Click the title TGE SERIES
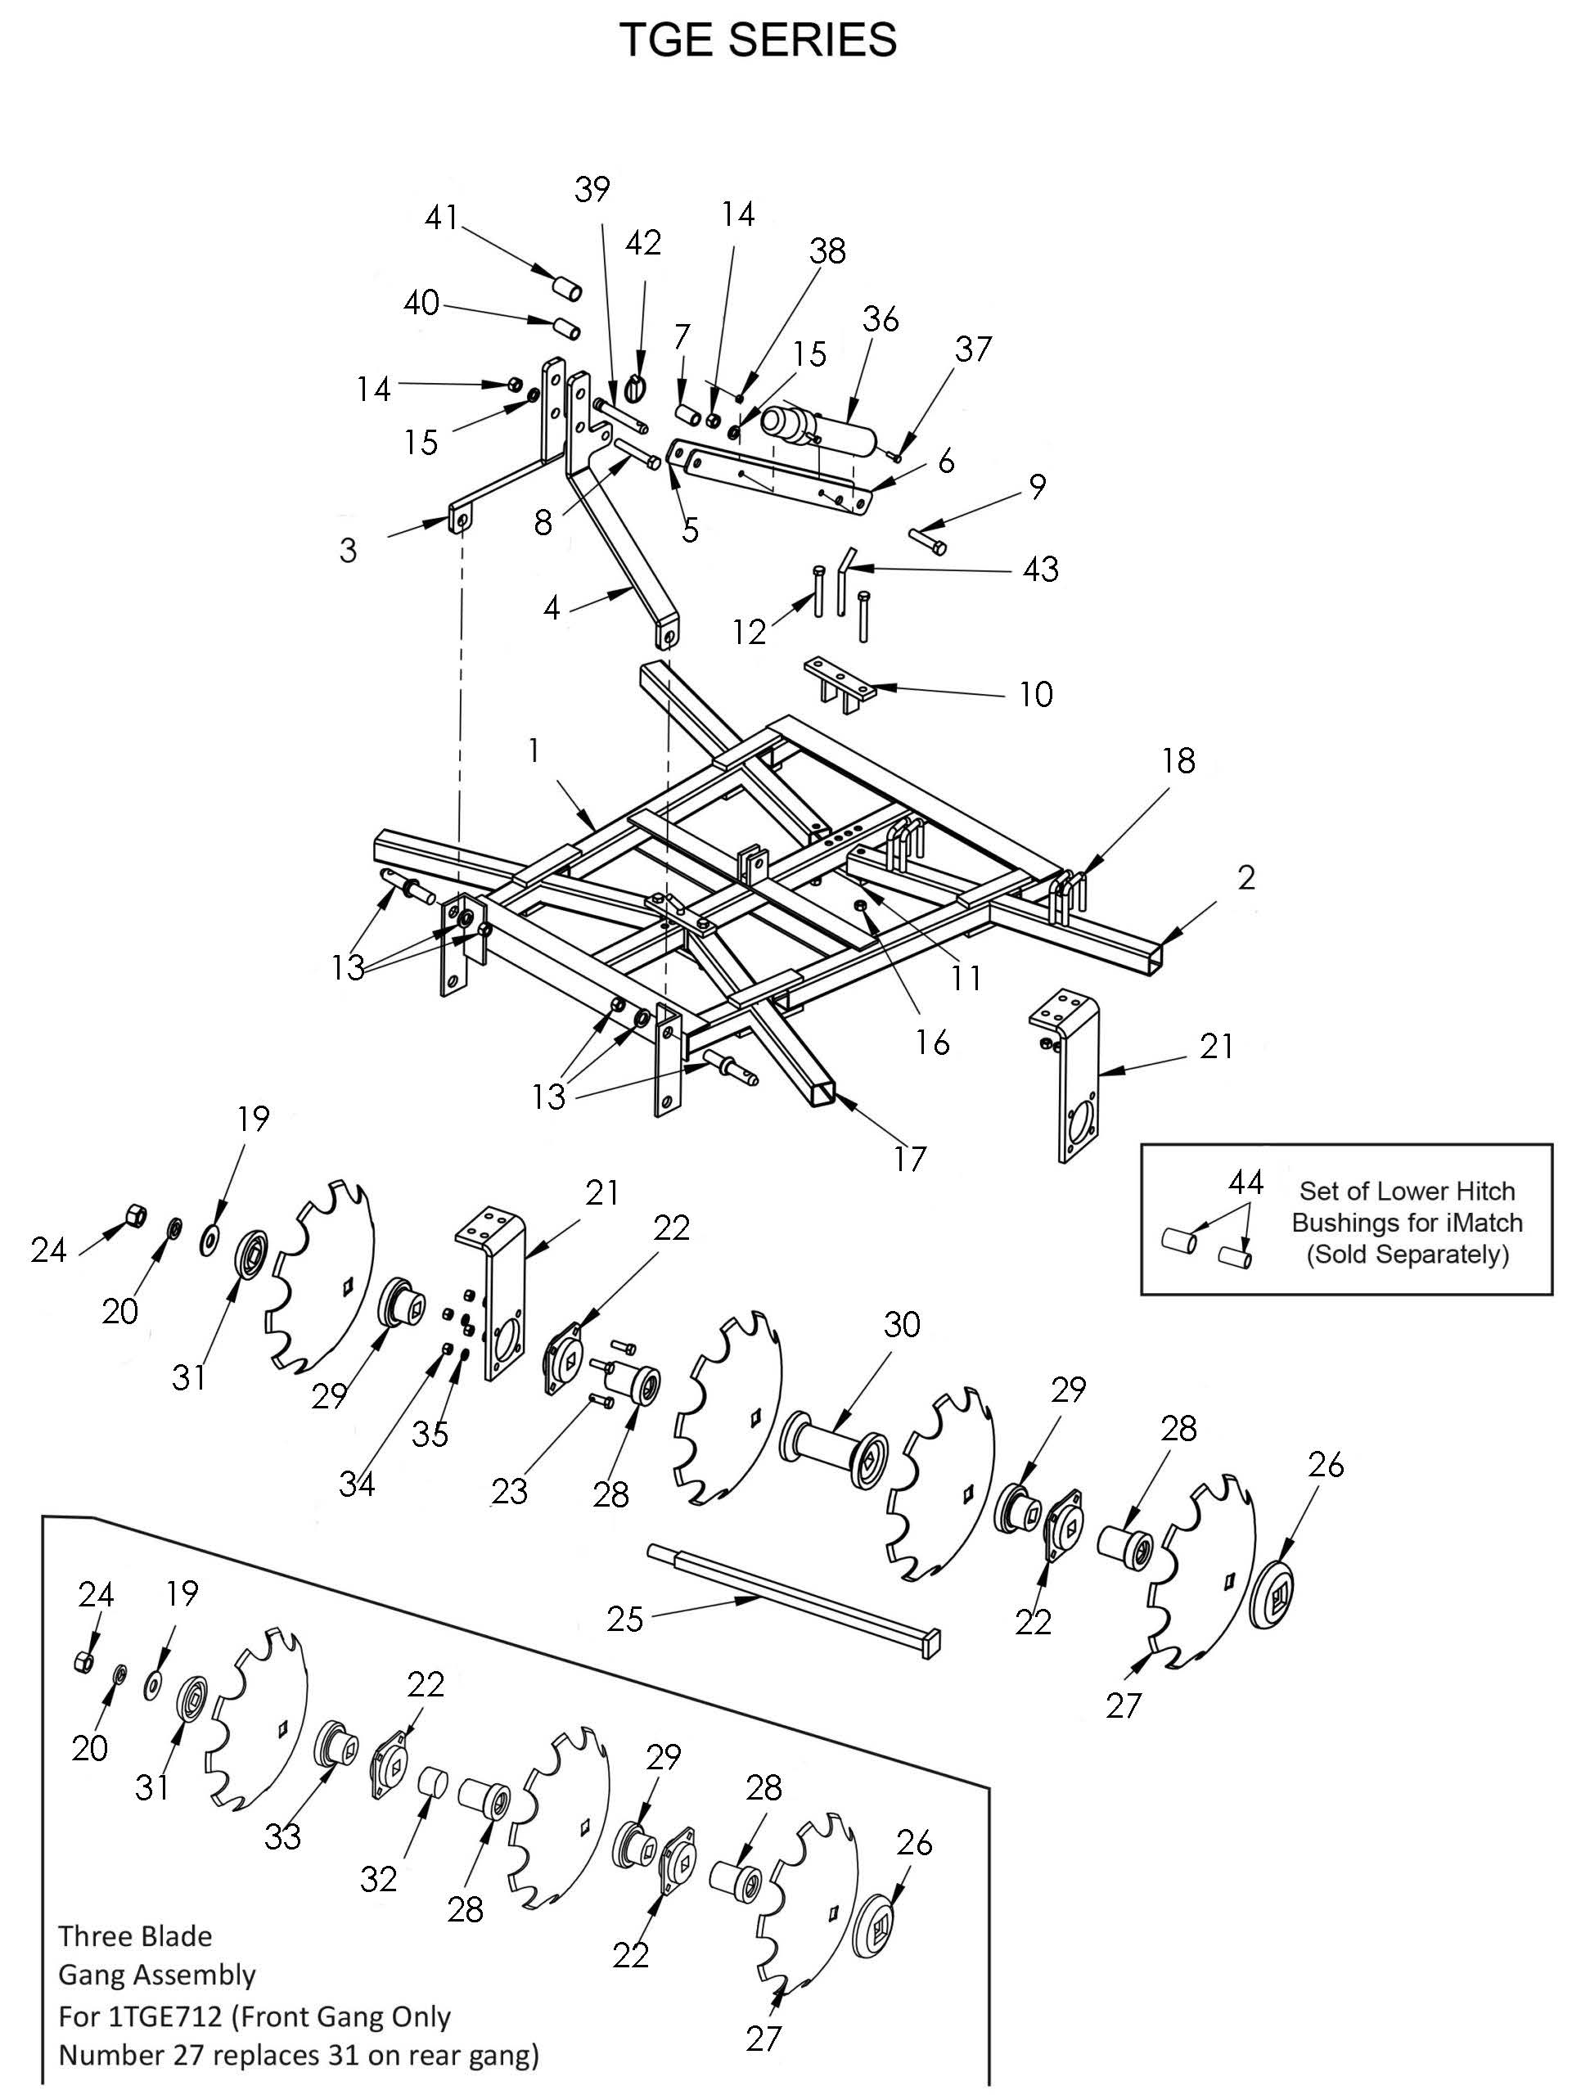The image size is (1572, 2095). [758, 41]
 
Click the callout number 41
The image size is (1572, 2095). [441, 218]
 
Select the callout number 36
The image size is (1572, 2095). [881, 319]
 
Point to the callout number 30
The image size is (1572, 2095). [902, 1324]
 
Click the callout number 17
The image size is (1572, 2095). [909, 1158]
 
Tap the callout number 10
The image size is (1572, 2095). [1036, 694]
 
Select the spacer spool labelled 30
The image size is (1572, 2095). [832, 1452]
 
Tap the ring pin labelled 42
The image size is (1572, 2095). [637, 389]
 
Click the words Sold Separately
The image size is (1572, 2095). [1408, 1254]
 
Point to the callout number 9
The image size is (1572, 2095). [1038, 487]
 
